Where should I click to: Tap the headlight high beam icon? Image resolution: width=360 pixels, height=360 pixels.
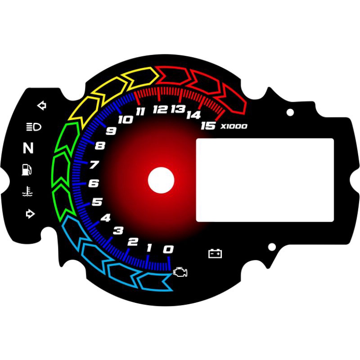tap(34, 127)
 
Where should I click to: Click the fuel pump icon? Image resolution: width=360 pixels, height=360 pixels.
tap(27, 170)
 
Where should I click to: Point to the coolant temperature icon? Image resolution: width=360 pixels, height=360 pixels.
tap(28, 193)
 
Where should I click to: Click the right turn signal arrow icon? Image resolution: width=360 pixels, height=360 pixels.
tap(30, 214)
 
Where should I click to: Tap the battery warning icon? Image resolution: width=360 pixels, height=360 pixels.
tap(215, 254)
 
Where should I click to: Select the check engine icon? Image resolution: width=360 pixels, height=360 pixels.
tap(180, 272)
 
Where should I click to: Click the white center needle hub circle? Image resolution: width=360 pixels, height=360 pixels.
tap(161, 180)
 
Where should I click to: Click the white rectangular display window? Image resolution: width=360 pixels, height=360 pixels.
tap(265, 180)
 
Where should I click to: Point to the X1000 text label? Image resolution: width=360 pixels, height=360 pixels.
tap(234, 126)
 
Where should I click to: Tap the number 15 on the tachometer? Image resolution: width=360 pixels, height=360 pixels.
tap(208, 126)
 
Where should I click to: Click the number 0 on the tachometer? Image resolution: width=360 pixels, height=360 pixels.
tap(168, 249)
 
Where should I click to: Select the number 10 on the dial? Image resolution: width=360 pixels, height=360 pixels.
tap(125, 120)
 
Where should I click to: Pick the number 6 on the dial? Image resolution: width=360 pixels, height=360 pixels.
tap(94, 184)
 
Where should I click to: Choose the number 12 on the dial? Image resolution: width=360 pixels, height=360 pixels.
tap(160, 109)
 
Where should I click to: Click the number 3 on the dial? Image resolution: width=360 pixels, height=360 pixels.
tap(118, 231)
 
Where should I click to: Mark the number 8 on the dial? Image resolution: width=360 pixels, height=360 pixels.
tap(100, 146)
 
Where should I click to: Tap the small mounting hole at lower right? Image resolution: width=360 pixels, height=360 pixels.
tap(271, 247)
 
